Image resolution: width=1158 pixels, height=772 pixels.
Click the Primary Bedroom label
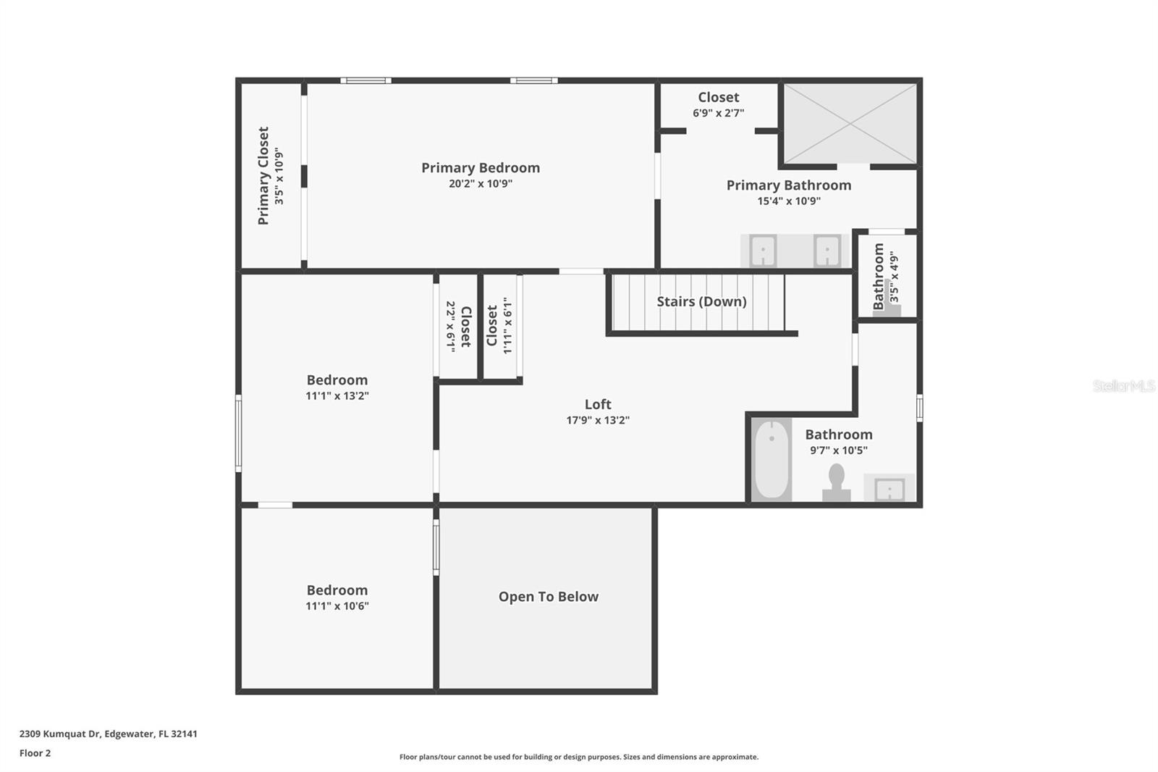coord(481,167)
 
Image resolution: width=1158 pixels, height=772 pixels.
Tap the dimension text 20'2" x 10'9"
coord(481,183)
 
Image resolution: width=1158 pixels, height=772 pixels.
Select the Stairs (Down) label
coord(701,302)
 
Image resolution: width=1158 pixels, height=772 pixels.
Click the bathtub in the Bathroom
coord(772,459)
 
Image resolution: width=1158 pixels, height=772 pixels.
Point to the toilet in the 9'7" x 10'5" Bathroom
coord(837,482)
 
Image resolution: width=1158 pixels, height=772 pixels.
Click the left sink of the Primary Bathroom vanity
coord(763,251)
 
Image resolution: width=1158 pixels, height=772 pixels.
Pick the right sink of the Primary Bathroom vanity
coord(827,251)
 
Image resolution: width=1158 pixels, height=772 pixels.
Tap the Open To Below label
coord(549,597)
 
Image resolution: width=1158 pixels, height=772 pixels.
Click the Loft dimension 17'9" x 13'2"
coord(598,420)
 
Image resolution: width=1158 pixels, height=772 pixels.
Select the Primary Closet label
coord(263,176)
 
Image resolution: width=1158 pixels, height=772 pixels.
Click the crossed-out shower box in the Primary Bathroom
coord(850,124)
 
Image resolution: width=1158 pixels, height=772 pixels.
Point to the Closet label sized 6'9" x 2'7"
coord(718,97)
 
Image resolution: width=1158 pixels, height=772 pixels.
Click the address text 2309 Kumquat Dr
coord(60,734)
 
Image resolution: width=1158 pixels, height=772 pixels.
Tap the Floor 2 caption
coord(35,753)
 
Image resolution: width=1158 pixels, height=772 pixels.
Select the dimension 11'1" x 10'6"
coord(337,606)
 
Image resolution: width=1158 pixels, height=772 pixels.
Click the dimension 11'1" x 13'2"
coord(337,396)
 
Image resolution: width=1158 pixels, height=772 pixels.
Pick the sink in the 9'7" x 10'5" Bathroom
coord(889,489)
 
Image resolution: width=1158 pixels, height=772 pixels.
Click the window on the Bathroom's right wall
coord(920,408)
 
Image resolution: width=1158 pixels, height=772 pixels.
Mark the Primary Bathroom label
coord(789,185)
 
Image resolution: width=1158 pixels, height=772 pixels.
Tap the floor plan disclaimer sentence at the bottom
coord(579,757)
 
